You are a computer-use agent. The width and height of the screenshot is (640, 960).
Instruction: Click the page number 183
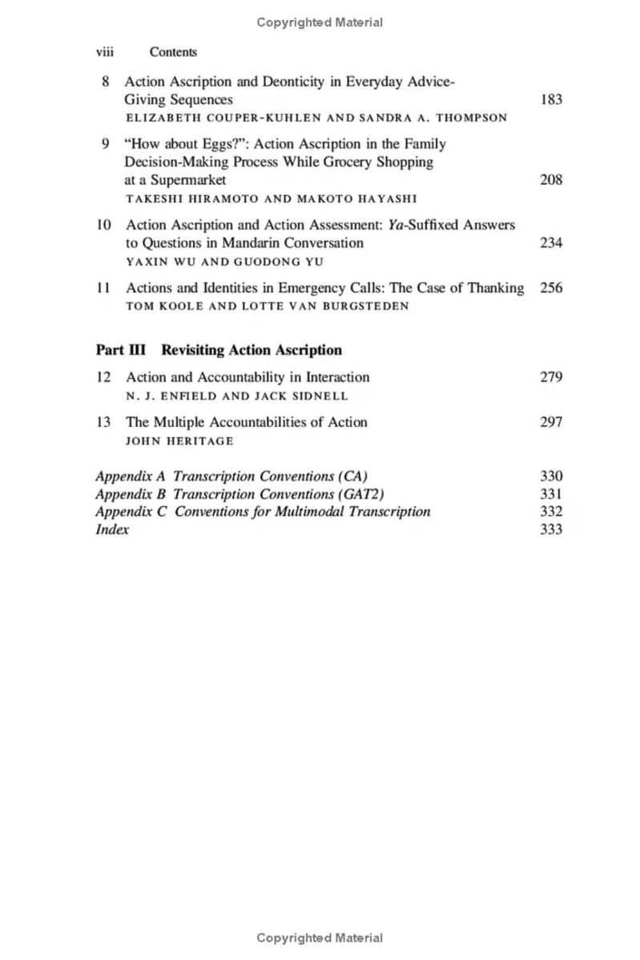551,100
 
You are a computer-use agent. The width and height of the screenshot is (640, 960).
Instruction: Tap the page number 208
551,180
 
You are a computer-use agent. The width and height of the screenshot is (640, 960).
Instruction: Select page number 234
551,243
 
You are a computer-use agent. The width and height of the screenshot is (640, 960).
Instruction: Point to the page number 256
551,288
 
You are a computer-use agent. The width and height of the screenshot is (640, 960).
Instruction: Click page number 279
551,377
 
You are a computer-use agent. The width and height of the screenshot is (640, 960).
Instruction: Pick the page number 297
551,422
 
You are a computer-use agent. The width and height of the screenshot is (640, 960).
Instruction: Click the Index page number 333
551,529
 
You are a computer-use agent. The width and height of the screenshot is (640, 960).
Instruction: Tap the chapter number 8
105,82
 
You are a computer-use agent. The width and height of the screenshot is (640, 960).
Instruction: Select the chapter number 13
103,422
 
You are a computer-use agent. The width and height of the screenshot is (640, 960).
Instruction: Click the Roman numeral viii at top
104,52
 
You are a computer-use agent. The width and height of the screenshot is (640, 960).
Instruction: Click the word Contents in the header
173,52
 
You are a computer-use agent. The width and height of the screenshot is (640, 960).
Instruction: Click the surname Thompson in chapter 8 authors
471,118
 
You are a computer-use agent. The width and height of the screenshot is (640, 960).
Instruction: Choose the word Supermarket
188,180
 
